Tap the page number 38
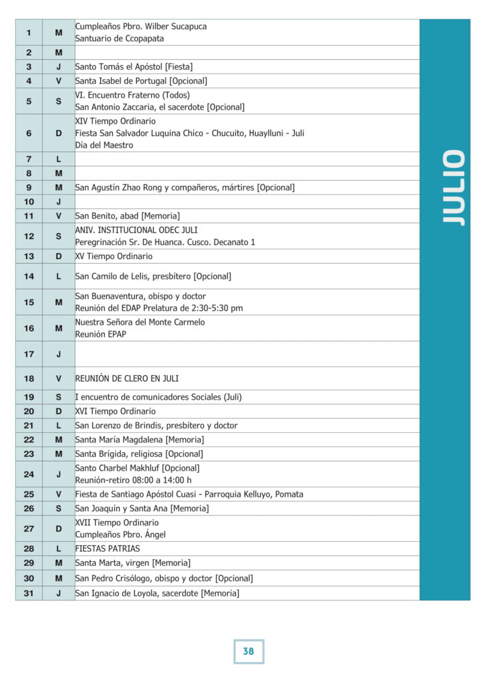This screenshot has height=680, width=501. point(249,651)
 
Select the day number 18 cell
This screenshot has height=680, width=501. point(29,379)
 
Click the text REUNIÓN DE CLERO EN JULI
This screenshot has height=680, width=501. point(127,379)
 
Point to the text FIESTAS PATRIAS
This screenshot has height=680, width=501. point(108,549)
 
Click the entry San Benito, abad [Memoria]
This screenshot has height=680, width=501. point(128,216)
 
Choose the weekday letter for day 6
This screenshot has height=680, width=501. point(58,133)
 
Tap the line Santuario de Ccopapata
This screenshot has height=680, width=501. point(120,39)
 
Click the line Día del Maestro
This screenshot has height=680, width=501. point(104,145)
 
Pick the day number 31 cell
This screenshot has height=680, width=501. point(29,593)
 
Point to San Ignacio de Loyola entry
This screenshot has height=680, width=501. point(157,593)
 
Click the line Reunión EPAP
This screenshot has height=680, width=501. point(100,334)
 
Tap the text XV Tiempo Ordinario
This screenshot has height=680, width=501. point(114,256)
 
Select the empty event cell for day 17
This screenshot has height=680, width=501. point(247,354)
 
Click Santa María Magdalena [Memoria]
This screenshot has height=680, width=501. point(140,440)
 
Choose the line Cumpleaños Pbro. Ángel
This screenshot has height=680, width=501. point(120,535)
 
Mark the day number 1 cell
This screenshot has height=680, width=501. point(29,33)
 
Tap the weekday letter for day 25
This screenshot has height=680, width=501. point(58,494)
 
